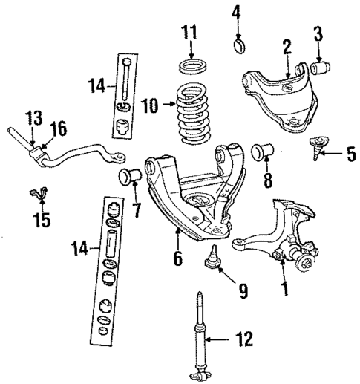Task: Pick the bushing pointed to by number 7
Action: pyautogui.click(x=131, y=178)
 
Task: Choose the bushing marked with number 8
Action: pyautogui.click(x=263, y=152)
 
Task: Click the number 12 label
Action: pyautogui.click(x=243, y=340)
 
